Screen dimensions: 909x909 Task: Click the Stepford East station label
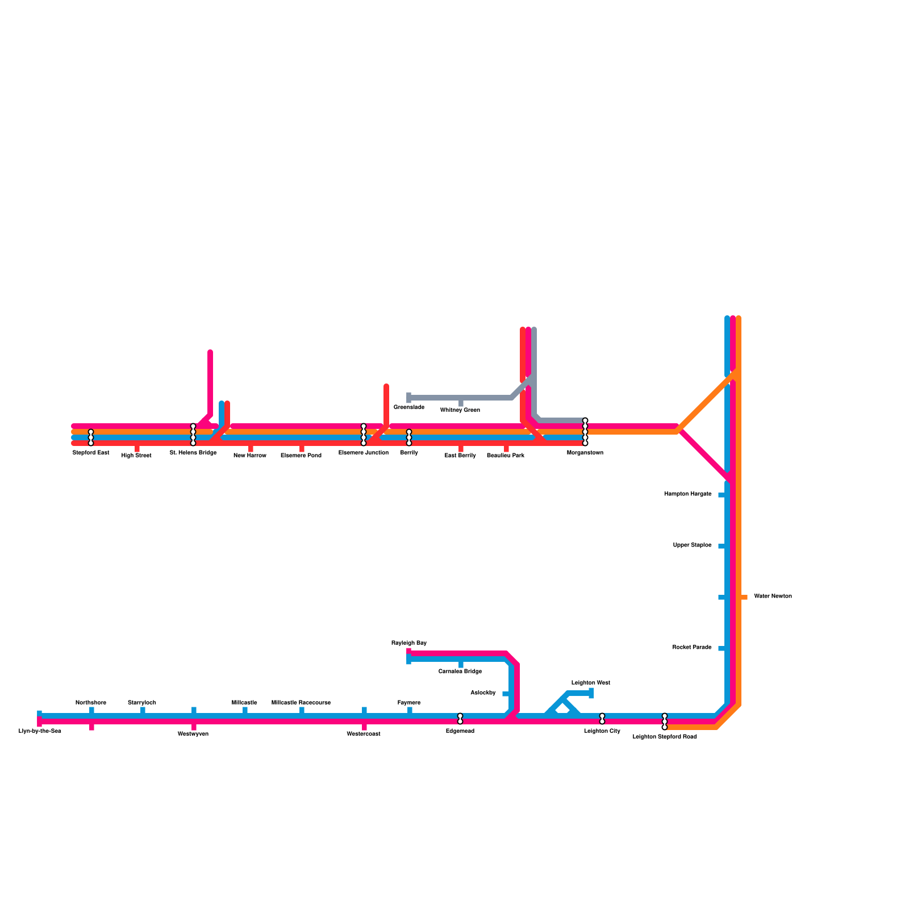91,453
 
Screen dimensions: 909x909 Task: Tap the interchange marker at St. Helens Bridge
193,435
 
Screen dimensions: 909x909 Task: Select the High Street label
136,456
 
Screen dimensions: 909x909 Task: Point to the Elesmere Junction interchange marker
364,435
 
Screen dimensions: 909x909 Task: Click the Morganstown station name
585,453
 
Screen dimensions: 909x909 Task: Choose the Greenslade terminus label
409,407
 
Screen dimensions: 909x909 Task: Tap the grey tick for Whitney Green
461,403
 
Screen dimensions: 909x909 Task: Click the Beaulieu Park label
506,456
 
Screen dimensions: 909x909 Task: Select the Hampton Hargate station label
687,494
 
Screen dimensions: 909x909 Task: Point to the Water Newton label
773,597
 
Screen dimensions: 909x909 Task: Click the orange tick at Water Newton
744,597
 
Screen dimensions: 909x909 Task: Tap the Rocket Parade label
691,648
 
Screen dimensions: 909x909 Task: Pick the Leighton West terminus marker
591,693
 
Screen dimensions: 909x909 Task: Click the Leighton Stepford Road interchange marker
665,722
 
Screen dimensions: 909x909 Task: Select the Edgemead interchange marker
460,719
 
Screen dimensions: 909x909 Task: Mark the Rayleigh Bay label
408,643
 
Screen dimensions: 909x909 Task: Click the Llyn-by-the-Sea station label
40,731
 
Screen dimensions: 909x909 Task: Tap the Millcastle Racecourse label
301,703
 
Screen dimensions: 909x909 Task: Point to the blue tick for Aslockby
506,694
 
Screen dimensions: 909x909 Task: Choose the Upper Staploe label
692,545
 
